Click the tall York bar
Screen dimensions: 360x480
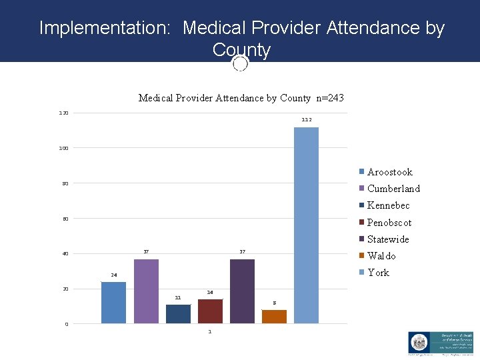point(306,225)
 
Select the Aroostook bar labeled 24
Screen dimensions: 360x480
point(113,303)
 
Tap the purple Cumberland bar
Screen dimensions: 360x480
point(146,291)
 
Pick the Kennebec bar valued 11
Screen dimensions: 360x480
point(178,314)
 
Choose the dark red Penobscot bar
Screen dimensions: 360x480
point(210,311)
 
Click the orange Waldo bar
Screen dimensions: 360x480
point(274,317)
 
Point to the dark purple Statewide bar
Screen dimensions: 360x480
point(242,291)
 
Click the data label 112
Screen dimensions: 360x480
point(306,119)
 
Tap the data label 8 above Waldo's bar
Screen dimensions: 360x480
point(274,303)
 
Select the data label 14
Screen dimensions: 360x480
point(210,292)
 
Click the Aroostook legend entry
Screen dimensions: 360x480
point(389,172)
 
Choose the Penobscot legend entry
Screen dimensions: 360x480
point(389,223)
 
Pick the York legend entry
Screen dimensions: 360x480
point(378,273)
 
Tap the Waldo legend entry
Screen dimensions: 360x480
point(381,256)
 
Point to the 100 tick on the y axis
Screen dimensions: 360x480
point(63,148)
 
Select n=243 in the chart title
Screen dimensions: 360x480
point(329,98)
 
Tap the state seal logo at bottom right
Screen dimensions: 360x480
point(422,342)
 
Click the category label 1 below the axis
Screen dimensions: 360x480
point(210,331)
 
